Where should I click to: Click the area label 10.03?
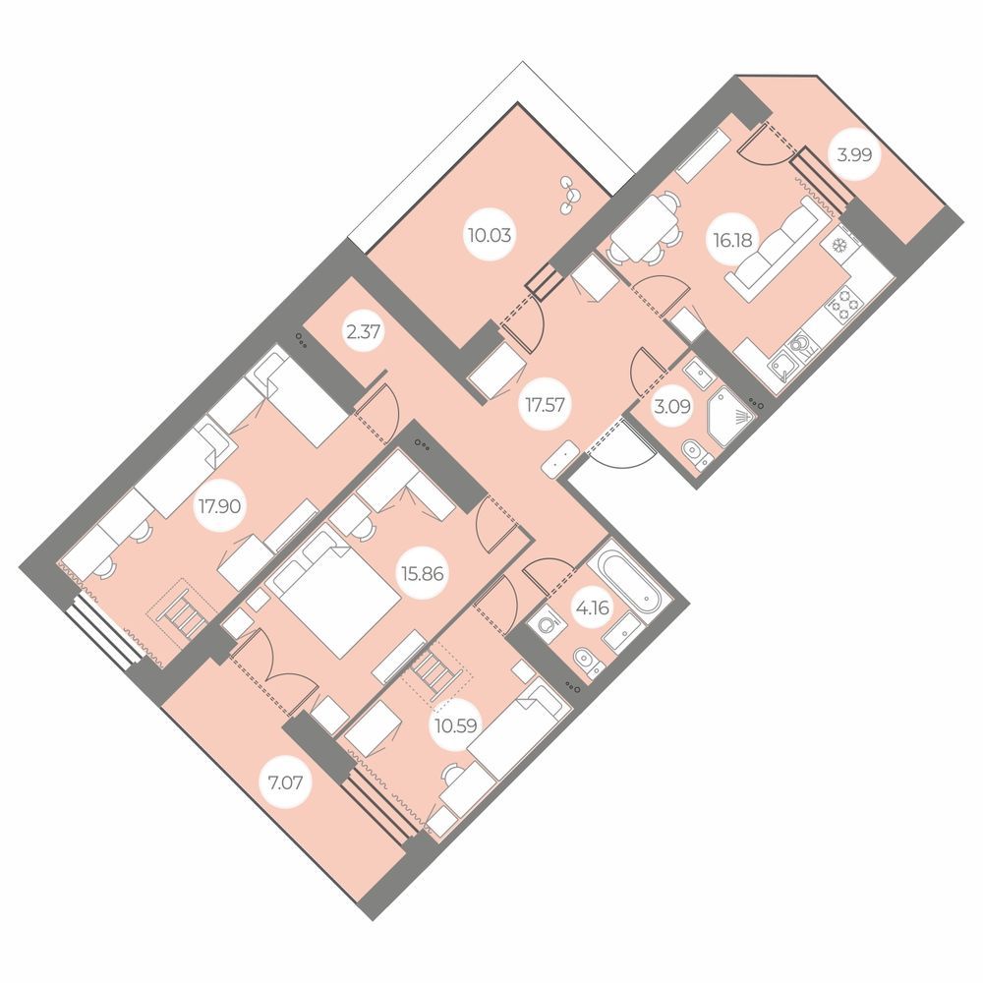pyautogui.click(x=489, y=236)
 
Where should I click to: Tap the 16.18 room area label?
pyautogui.click(x=732, y=240)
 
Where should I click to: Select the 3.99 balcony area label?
pyautogui.click(x=854, y=154)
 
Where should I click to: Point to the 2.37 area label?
pyautogui.click(x=364, y=330)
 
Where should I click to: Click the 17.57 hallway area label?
pyautogui.click(x=545, y=405)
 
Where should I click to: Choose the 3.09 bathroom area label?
pyautogui.click(x=672, y=407)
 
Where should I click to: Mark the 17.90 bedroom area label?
pyautogui.click(x=219, y=505)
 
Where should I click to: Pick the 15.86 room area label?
pyautogui.click(x=423, y=574)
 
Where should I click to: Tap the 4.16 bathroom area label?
pyautogui.click(x=592, y=607)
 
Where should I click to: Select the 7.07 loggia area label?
pyautogui.click(x=285, y=782)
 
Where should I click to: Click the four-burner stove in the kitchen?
pyautogui.click(x=843, y=303)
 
